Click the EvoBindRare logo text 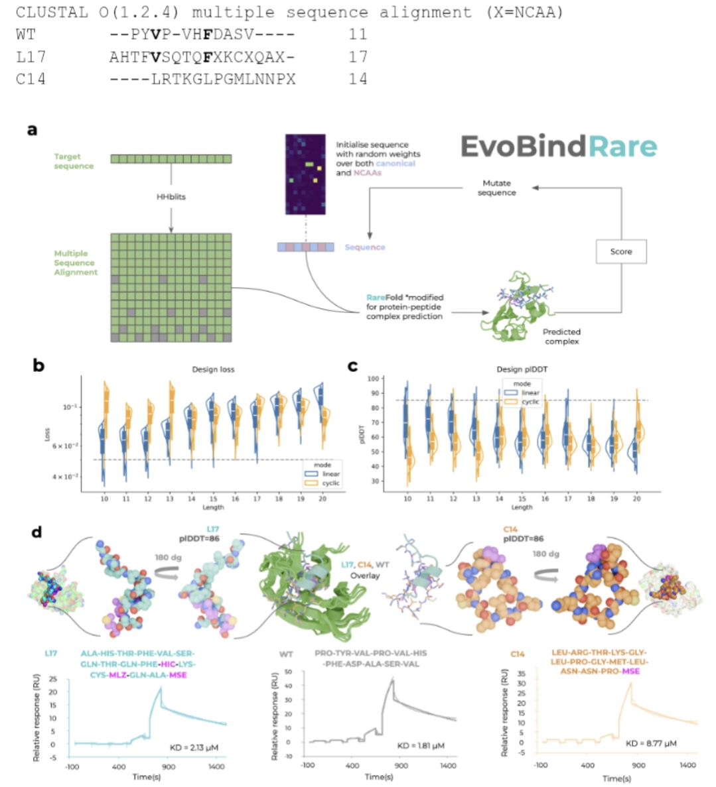point(558,147)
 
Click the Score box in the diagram point(620,252)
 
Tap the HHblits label point(171,197)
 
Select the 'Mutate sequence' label point(496,188)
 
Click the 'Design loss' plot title point(213,369)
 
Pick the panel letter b point(38,365)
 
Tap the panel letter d point(38,532)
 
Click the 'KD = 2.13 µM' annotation point(194,747)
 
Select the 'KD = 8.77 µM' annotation point(651,743)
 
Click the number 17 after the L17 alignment point(358,57)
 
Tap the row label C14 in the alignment point(31,79)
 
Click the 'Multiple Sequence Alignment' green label point(75,263)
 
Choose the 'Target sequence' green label point(73,161)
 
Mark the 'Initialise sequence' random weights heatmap point(305,174)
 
